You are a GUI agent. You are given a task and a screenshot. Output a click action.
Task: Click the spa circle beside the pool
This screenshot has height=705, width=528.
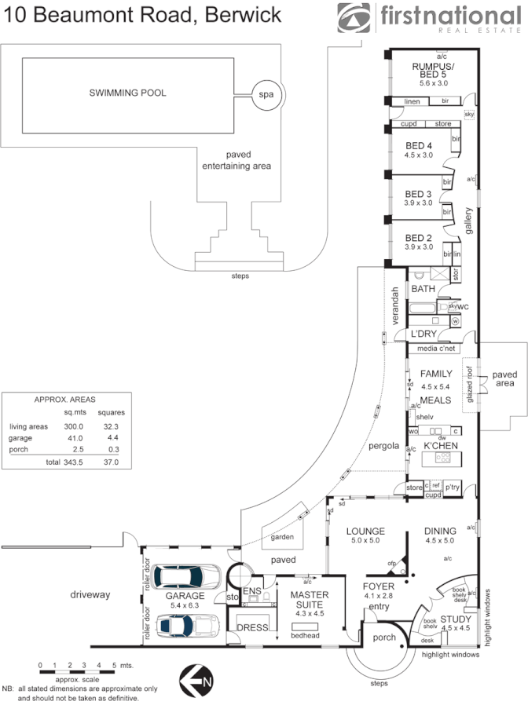point(266,95)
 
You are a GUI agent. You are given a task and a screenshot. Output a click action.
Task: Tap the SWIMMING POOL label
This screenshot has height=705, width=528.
point(127,93)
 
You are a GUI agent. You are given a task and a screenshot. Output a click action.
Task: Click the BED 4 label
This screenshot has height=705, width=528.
point(418,145)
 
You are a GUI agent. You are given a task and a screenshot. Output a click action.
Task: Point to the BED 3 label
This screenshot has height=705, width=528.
point(418,194)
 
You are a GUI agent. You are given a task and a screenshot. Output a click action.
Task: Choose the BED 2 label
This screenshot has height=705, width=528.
point(418,238)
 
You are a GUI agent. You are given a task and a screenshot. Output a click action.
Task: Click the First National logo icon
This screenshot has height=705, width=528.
point(356,18)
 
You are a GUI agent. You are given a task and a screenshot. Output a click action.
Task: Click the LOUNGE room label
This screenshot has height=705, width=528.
point(365,531)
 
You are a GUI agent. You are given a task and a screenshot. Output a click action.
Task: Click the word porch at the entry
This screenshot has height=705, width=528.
point(383,637)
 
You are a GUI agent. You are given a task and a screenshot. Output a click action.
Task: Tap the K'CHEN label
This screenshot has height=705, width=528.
point(441,446)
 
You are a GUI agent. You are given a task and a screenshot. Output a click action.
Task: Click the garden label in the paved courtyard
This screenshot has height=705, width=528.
point(282,539)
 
